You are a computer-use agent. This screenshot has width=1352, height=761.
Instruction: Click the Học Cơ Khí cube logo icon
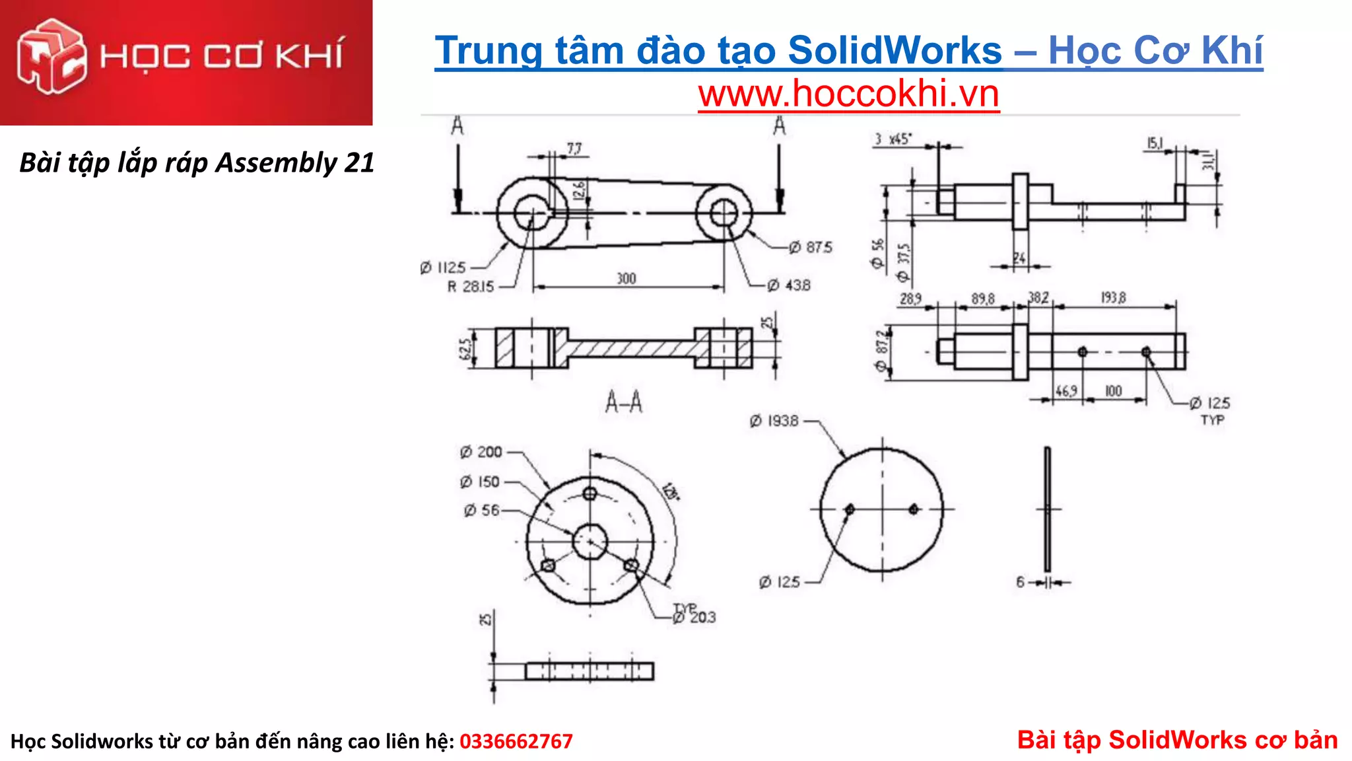point(51,55)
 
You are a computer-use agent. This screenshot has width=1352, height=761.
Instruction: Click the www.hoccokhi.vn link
point(848,94)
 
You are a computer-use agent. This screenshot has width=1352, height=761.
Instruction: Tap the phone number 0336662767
point(516,741)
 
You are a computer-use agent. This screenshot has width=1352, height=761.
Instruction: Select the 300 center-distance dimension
point(626,279)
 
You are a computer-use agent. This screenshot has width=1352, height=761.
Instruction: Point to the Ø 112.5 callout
point(443,268)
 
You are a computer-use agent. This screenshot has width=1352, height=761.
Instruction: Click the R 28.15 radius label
point(470,287)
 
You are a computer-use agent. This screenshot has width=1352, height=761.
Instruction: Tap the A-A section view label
point(623,402)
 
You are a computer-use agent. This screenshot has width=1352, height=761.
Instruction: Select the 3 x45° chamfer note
point(893,139)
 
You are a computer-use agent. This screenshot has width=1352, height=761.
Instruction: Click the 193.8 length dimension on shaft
point(1113,298)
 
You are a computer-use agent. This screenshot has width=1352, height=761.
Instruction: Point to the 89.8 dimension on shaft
point(982,299)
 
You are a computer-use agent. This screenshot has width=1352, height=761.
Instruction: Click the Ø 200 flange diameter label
point(481,452)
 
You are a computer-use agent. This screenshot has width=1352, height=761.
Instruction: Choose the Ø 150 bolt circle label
point(480,482)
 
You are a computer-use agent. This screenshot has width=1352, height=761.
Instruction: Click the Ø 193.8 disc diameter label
point(774,421)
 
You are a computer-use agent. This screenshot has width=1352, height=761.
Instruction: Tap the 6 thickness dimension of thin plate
point(1021,582)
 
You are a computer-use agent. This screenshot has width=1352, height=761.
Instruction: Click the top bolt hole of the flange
point(590,493)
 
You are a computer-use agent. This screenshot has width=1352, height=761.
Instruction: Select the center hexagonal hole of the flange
point(590,542)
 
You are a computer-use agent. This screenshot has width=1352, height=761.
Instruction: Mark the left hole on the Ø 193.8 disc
point(850,509)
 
